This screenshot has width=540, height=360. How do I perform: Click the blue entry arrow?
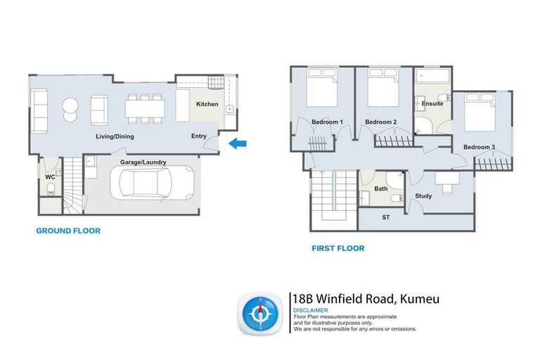(x=238, y=144)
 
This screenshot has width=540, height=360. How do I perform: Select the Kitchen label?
(x=207, y=105)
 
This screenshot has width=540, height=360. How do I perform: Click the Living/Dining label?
(x=115, y=136)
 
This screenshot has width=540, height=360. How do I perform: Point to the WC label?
(x=50, y=177)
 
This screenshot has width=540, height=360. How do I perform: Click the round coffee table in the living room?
(x=71, y=107)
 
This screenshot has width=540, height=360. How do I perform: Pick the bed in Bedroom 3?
(x=481, y=112)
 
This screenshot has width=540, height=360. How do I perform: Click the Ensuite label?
(x=432, y=103)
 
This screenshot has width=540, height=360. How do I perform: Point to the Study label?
(x=423, y=195)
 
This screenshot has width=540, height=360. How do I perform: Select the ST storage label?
(x=385, y=218)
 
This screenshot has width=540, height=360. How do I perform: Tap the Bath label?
(x=380, y=188)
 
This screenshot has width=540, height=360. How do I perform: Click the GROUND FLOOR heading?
(x=67, y=231)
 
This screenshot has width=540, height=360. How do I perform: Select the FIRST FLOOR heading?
(x=337, y=248)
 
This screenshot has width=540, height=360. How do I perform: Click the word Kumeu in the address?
(x=419, y=299)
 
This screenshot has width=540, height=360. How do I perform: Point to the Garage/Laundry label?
(x=143, y=162)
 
